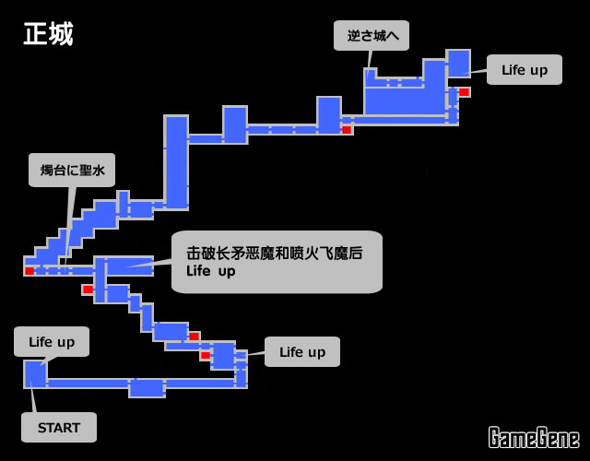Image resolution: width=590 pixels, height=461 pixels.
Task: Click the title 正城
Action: tap(48, 34)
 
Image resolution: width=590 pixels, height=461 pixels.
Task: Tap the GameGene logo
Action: tap(534, 437)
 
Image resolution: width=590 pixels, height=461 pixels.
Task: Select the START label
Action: tap(59, 428)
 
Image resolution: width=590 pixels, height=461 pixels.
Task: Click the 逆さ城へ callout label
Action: tap(372, 36)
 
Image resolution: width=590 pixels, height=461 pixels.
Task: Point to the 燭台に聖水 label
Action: tap(72, 170)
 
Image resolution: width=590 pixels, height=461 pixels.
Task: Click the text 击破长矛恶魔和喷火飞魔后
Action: tap(274, 253)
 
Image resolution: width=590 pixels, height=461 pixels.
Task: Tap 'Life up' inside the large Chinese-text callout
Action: tap(210, 271)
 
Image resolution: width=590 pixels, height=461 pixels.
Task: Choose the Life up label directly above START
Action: tap(52, 341)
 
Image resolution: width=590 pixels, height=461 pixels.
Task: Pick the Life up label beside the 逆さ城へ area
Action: tap(524, 69)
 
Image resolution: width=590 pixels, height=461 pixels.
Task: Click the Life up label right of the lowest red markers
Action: tap(302, 351)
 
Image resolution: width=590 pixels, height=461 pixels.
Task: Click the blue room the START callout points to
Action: tap(35, 373)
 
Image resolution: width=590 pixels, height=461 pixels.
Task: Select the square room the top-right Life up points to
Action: tap(458, 63)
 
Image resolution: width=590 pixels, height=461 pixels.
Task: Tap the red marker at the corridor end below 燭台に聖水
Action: tap(29, 271)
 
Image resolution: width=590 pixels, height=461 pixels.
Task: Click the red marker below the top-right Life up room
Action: tap(465, 92)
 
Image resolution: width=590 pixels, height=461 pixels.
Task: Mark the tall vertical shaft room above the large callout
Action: tap(176, 161)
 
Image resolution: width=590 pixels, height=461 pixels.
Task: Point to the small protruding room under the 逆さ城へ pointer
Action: tap(371, 77)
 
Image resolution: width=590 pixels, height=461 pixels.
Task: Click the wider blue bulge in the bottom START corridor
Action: tap(147, 387)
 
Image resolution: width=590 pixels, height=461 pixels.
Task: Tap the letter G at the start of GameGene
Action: tap(496, 437)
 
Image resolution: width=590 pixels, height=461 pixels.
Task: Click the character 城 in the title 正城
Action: tap(61, 34)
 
